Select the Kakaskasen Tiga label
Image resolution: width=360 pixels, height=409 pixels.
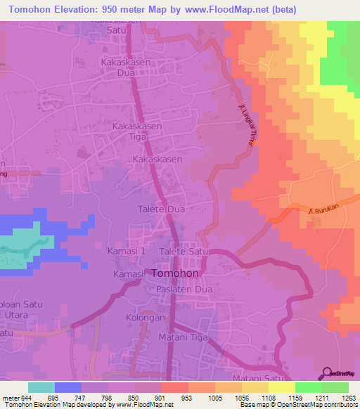137,131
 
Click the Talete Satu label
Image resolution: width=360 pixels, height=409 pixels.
185,251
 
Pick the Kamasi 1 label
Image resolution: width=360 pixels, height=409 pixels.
127,251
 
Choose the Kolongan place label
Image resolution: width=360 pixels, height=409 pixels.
146,318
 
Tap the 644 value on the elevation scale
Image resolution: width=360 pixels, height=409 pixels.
27,398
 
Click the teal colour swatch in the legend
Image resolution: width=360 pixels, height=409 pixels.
41,387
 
